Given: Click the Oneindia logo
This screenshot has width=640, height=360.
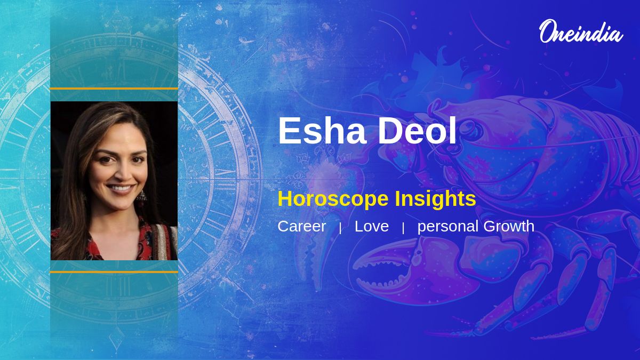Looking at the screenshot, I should pos(580,32).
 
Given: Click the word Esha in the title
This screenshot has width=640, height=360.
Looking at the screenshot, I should pos(320,131).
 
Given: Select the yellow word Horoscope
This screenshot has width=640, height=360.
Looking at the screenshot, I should pos(333,199).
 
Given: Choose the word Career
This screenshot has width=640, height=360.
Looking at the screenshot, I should pos(301,226).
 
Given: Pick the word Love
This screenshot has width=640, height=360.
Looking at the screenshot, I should pos(372,226).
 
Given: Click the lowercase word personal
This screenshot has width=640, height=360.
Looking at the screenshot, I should pos(448,227).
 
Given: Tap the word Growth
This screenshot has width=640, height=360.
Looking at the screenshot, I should pos(509,226).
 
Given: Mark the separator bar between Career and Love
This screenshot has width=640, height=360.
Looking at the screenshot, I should pos(340,228).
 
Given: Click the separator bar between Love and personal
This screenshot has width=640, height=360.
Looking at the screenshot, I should pos(403,228).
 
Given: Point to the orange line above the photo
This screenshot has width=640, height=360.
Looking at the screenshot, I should pos(114,89).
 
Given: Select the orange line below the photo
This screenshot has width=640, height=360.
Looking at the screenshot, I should pos(114,272).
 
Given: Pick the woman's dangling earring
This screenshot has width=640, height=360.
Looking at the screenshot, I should pos(141,196).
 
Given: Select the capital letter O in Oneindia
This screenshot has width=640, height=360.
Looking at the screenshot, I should pos(549,32).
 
